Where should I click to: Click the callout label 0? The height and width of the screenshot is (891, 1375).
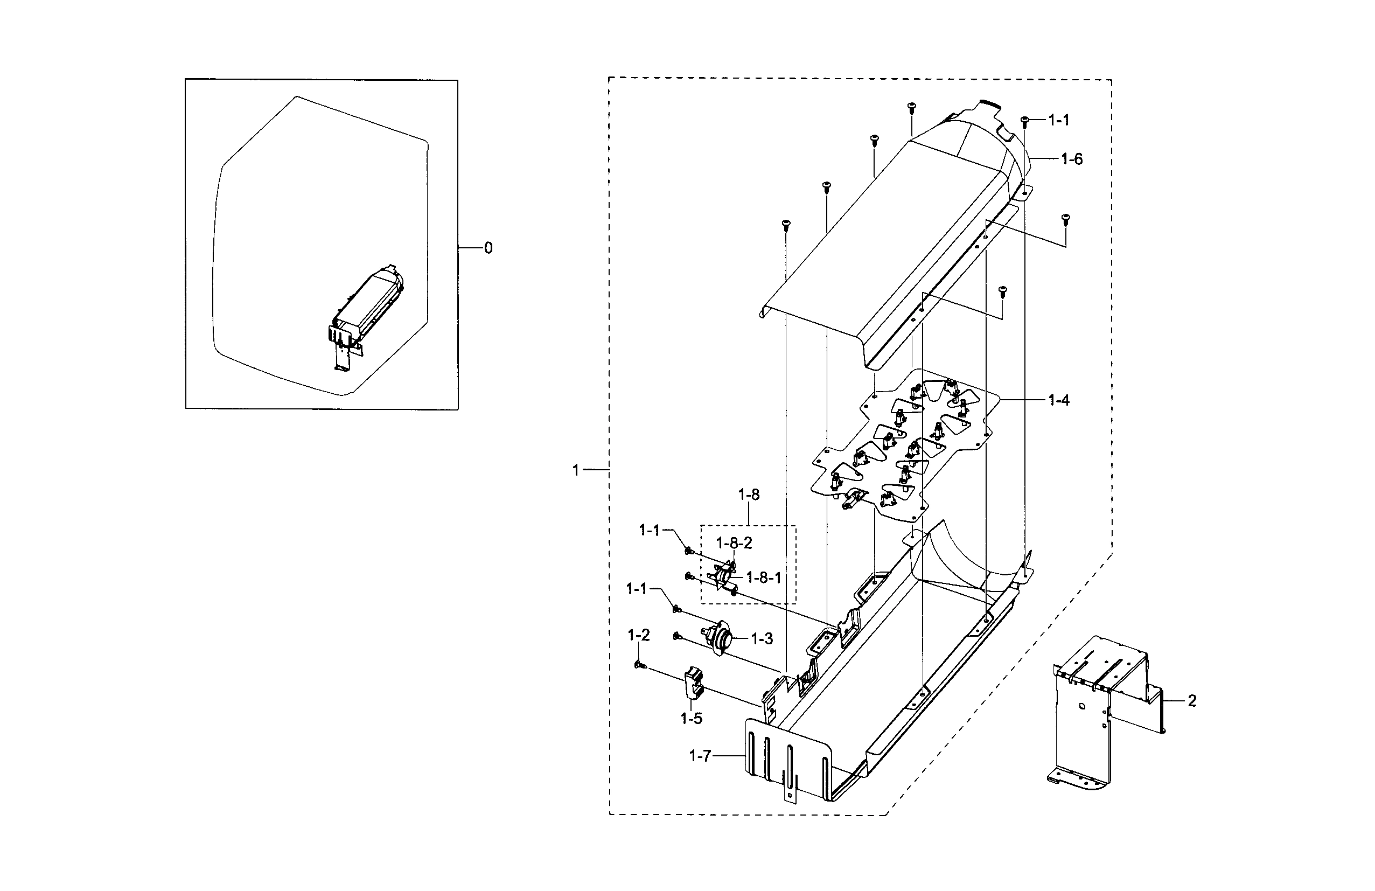tap(488, 248)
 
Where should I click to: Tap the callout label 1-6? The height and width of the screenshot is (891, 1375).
tap(1072, 159)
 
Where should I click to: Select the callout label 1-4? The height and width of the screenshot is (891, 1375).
tap(1058, 400)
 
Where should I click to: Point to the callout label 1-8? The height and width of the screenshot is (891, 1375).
tap(749, 495)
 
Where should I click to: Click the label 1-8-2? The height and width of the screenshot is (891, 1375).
tap(734, 543)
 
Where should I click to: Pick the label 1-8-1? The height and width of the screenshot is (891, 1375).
tap(764, 577)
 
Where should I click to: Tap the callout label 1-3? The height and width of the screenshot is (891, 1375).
tap(762, 638)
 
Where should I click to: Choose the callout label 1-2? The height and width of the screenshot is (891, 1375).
tap(638, 636)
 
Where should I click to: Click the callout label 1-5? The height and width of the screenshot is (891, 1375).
tap(691, 719)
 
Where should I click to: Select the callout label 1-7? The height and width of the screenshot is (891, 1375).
tap(700, 756)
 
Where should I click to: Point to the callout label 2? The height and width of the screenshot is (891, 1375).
tap(1192, 701)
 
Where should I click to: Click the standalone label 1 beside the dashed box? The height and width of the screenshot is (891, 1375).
tap(575, 470)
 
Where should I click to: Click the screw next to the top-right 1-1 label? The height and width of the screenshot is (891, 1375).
tap(1024, 121)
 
